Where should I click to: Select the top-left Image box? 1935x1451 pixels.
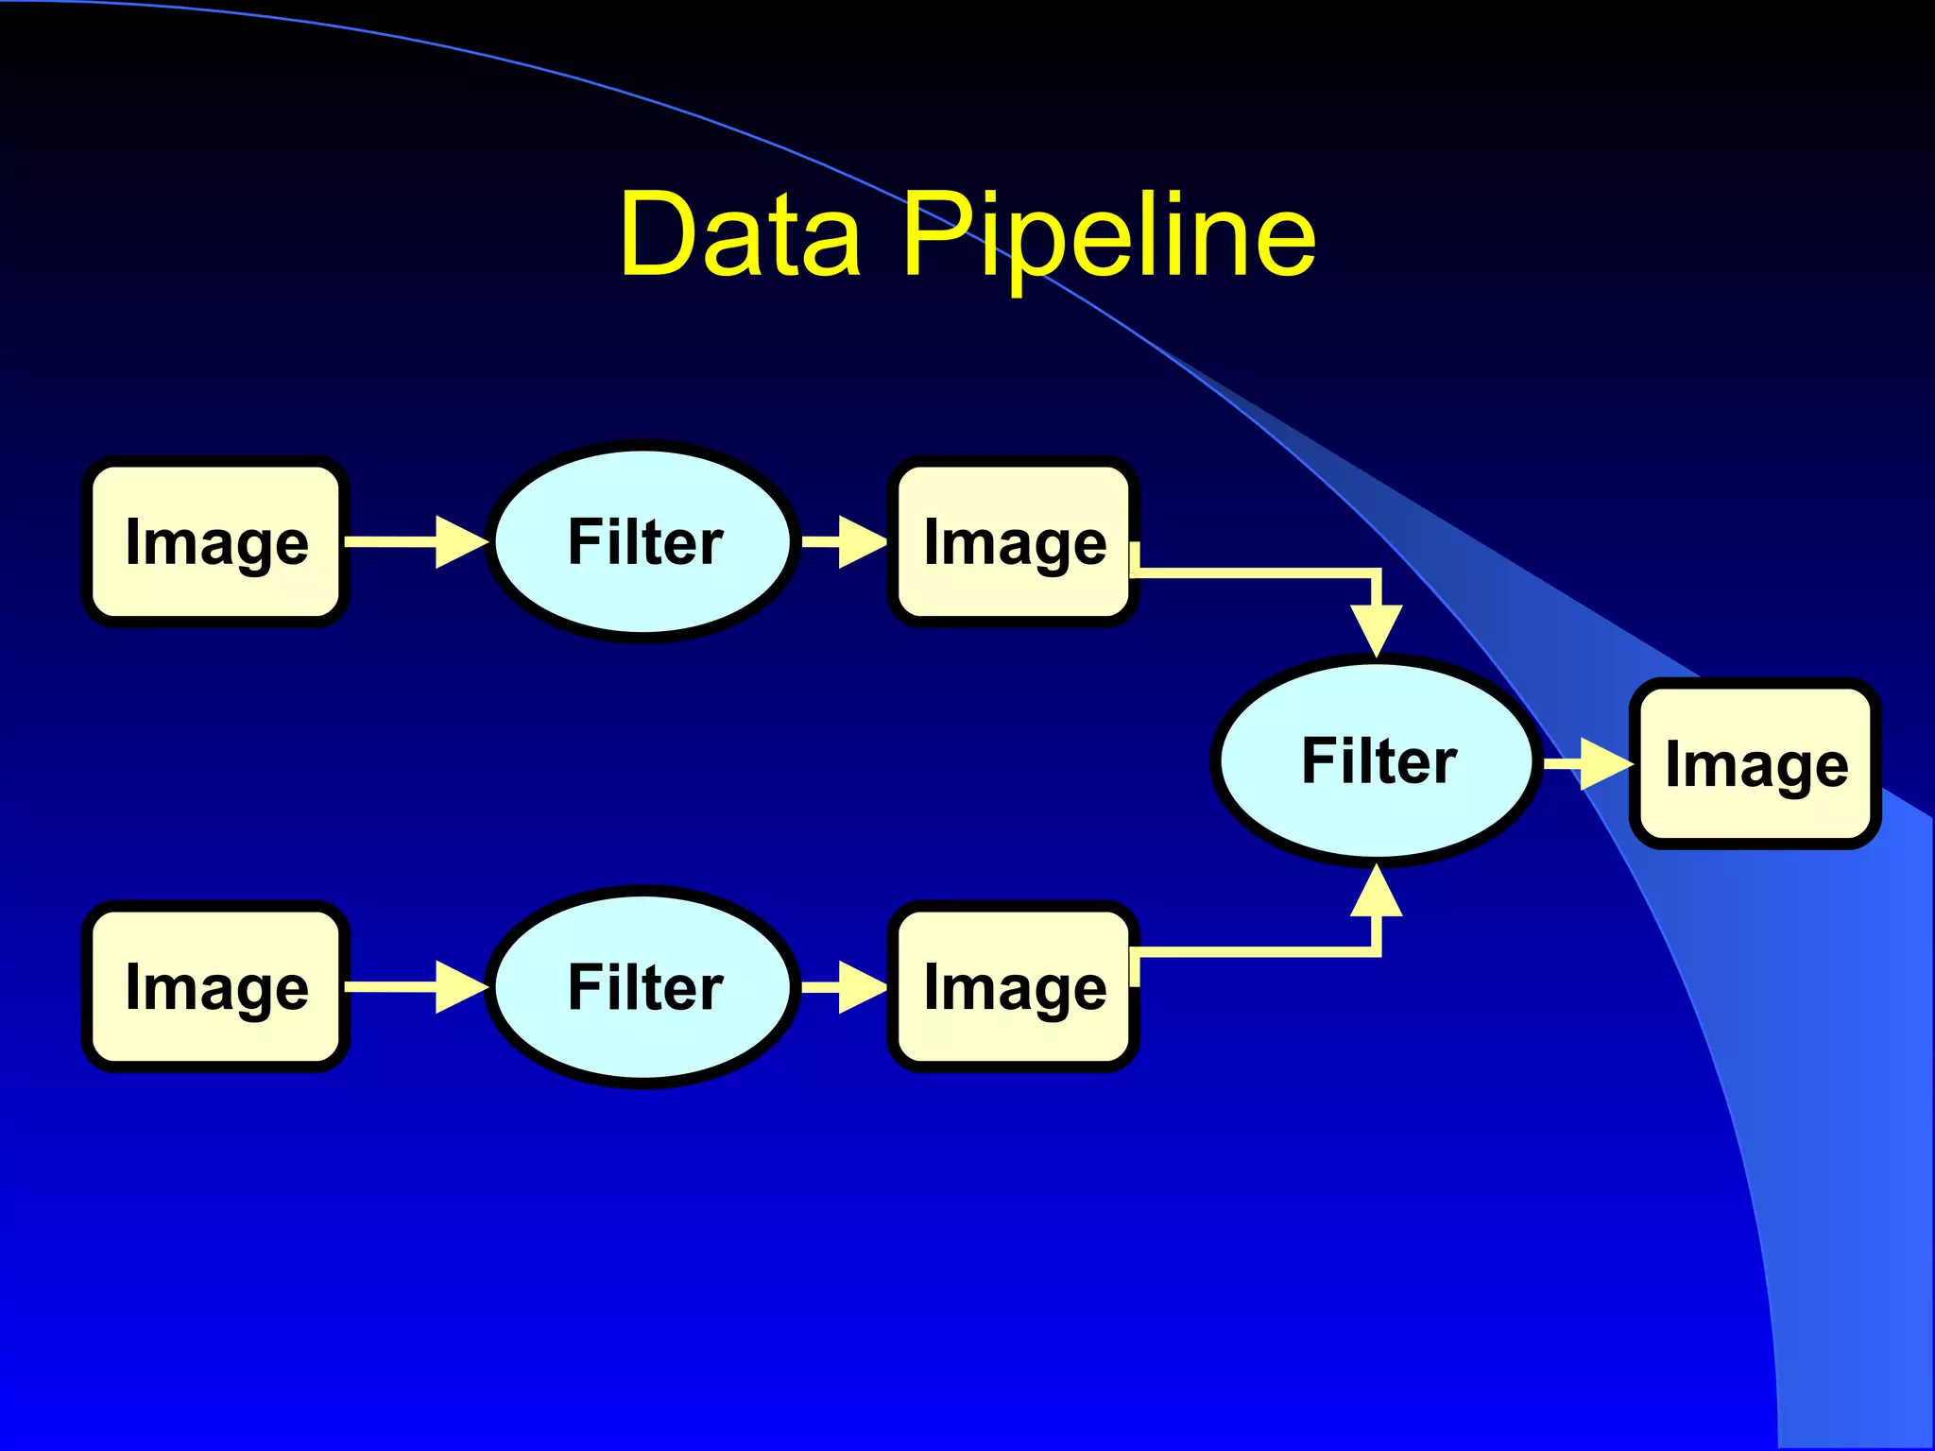[216, 542]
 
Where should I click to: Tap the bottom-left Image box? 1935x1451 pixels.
[216, 987]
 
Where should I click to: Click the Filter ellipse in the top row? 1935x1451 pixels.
[644, 542]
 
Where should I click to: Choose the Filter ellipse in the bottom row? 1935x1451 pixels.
[644, 987]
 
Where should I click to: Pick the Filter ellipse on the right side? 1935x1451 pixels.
[1378, 761]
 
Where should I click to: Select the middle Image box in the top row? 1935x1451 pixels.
[1014, 542]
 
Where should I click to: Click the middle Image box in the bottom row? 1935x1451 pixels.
[1014, 987]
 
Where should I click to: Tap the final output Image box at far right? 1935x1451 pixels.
[1755, 763]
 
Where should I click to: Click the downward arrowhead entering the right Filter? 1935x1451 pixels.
[1377, 628]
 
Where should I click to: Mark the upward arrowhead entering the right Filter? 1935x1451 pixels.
[1377, 893]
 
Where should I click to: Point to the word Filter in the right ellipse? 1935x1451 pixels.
[1378, 761]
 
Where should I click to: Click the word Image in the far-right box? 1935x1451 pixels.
[1755, 765]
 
